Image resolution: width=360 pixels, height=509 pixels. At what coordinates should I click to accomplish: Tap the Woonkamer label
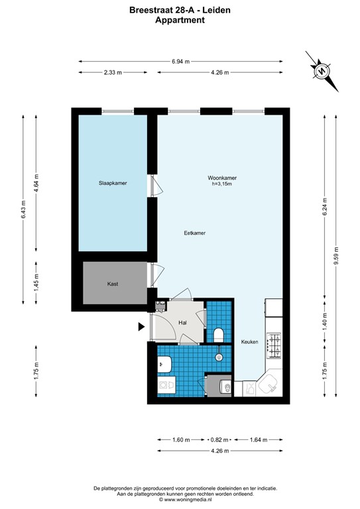[x=222, y=178]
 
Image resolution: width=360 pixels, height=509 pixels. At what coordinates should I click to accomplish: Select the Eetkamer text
[x=194, y=233]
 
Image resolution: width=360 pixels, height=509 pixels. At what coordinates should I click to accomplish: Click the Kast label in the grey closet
[x=113, y=284]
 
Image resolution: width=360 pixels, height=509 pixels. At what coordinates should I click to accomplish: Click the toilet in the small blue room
[x=219, y=333]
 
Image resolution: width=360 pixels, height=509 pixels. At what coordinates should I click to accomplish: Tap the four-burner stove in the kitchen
[x=274, y=345]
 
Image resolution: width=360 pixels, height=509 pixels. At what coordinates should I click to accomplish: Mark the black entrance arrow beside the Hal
[x=141, y=327]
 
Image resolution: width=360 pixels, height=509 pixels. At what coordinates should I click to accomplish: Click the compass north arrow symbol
[x=321, y=70]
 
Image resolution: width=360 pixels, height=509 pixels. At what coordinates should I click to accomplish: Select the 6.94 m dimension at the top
[x=180, y=61]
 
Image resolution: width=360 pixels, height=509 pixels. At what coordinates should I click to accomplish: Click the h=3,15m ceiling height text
[x=222, y=185]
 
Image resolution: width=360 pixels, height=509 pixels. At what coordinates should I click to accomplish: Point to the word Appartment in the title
[x=180, y=21]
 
